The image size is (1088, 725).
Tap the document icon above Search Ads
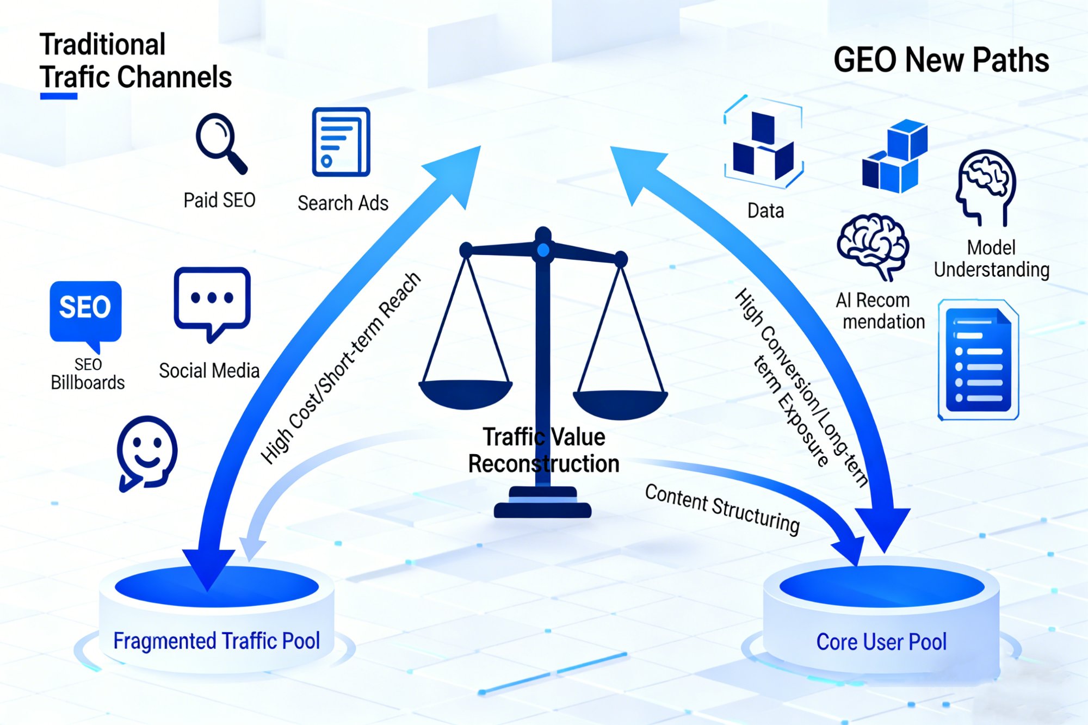[341, 142]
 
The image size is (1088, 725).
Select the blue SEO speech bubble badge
[85, 312]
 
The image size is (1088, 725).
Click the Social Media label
[209, 371]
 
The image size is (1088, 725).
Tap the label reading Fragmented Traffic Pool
[216, 641]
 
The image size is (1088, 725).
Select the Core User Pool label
[881, 642]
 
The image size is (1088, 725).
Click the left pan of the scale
[466, 393]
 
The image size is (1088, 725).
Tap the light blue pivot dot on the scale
[543, 250]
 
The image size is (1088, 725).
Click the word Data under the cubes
[765, 210]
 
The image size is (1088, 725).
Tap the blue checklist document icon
[978, 360]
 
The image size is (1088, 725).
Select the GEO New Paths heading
[941, 60]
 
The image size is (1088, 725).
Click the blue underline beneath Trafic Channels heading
[59, 96]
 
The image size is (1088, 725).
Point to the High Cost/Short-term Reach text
[341, 368]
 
